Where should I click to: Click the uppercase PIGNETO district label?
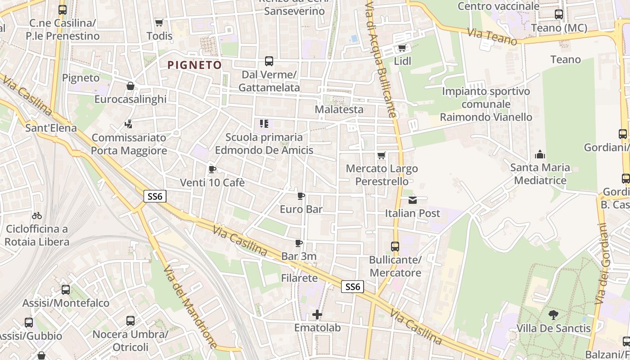[x=194, y=65]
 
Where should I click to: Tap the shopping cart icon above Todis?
[x=159, y=22]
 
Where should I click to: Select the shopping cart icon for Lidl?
[x=402, y=48]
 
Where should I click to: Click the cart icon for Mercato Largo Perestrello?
[x=381, y=156]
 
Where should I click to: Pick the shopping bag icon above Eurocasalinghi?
[x=130, y=86]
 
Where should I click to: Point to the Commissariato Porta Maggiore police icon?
[x=129, y=123]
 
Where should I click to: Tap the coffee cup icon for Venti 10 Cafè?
[x=212, y=170]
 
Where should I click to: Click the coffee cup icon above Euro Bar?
[x=301, y=196]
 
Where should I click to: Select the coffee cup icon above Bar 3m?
[x=298, y=243]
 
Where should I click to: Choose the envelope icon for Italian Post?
[x=413, y=200]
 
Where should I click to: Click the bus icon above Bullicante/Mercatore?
[x=395, y=247]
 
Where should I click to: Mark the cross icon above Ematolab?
[x=318, y=315]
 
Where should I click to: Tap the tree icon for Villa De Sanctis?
[x=553, y=315]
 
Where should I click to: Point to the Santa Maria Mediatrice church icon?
[x=540, y=155]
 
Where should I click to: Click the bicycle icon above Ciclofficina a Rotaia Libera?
[x=37, y=216]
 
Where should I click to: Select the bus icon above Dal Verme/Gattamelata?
[x=269, y=61]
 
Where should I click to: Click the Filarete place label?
[x=299, y=278]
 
